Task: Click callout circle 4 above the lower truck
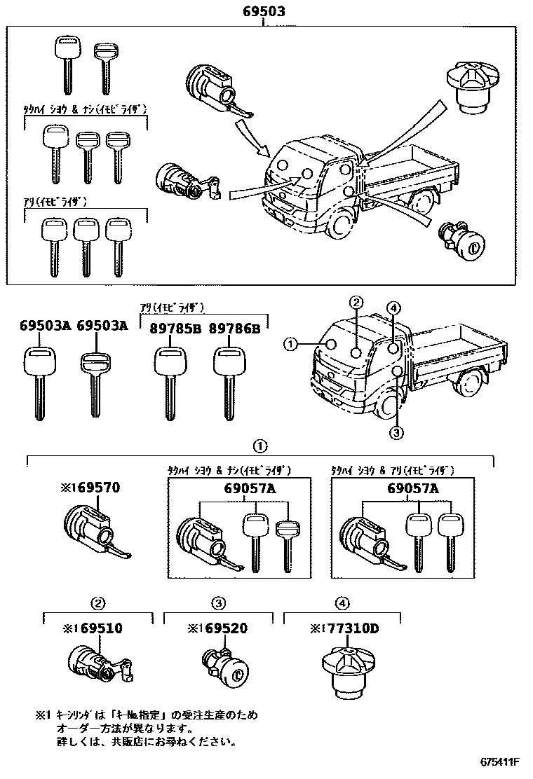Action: click(393, 308)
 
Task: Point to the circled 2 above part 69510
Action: click(99, 602)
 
